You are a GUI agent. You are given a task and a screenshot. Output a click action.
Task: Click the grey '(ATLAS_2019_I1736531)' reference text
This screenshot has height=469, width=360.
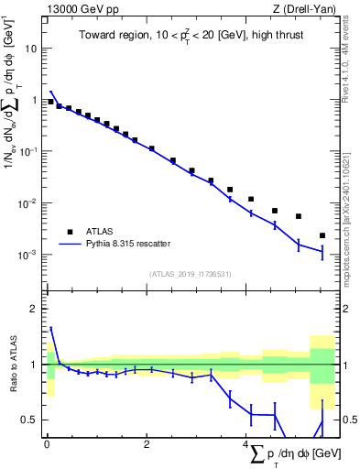pos(190,274)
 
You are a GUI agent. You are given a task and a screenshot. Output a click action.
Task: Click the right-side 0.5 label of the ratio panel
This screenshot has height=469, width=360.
pos(348,420)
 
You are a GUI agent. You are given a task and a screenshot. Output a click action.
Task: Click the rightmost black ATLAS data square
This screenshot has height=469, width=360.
pos(322,235)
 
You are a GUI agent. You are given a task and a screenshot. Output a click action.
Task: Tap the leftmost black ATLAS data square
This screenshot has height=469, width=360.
pos(50,102)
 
